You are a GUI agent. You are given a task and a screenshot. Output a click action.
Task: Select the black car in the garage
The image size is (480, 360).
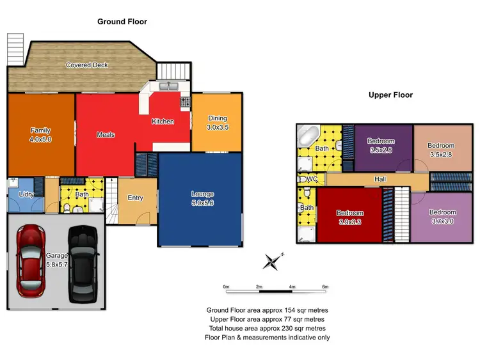[x=82, y=262]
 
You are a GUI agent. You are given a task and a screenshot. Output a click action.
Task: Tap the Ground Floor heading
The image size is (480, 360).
[x=122, y=22]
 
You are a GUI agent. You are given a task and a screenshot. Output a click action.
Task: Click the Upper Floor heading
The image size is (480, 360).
[x=390, y=95]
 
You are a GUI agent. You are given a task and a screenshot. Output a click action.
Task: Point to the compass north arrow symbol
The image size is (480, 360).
[x=273, y=260]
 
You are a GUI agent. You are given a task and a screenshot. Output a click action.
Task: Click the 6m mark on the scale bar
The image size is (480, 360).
[x=325, y=286]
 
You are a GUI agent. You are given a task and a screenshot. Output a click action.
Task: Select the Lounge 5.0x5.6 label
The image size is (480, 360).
[x=202, y=198]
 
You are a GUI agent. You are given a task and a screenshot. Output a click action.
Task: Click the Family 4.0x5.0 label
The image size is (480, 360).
[x=40, y=135]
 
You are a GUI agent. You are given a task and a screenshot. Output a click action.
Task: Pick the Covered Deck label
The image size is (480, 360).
[x=87, y=65]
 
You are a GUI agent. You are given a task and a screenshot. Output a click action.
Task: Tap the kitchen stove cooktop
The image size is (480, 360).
[x=186, y=102]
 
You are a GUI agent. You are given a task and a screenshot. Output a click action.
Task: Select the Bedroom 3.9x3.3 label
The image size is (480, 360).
[x=350, y=217]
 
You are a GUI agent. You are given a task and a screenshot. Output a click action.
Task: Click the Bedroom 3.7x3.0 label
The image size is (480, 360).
[x=442, y=216]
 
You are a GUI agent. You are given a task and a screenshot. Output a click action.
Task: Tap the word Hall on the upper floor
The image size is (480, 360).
[x=380, y=180]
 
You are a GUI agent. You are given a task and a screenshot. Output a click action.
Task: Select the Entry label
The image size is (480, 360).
[x=136, y=198]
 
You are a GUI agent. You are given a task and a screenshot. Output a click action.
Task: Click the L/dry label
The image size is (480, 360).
[x=27, y=193]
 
